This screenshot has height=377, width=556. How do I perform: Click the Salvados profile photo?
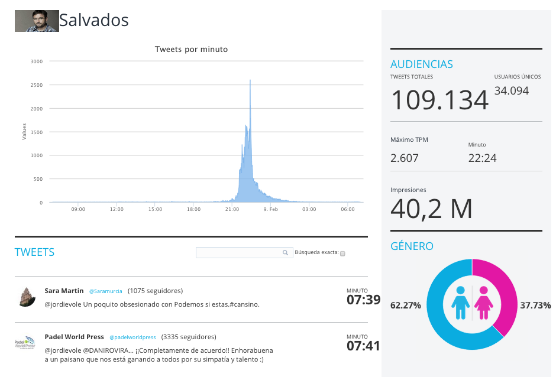pyautogui.click(x=37, y=21)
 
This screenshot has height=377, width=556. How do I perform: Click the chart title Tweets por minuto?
pyautogui.click(x=191, y=49)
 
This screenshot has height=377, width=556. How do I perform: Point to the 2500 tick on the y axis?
pyautogui.click(x=37, y=85)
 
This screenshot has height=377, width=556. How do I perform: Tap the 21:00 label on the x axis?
pyautogui.click(x=232, y=209)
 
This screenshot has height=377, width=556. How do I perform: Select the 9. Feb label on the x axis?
pyautogui.click(x=270, y=209)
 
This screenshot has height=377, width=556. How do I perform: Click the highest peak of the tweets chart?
pyautogui.click(x=250, y=80)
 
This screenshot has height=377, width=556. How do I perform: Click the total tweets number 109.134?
pyautogui.click(x=439, y=100)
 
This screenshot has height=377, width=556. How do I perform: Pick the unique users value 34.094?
pyautogui.click(x=511, y=91)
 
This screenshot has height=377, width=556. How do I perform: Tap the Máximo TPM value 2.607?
pyautogui.click(x=404, y=158)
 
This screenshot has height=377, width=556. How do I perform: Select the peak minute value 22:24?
pyautogui.click(x=482, y=158)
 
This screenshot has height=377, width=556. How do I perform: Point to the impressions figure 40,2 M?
pyautogui.click(x=431, y=209)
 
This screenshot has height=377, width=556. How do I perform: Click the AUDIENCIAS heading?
pyautogui.click(x=422, y=64)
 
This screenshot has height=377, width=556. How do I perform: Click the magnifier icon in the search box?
pyautogui.click(x=285, y=253)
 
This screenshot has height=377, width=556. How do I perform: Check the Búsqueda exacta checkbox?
pyautogui.click(x=342, y=253)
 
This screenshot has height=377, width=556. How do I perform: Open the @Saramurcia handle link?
pyautogui.click(x=106, y=291)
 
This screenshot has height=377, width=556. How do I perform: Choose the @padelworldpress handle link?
pyautogui.click(x=132, y=337)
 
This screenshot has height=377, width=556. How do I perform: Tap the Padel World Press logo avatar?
pyautogui.click(x=25, y=342)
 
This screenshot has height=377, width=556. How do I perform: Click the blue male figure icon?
pyautogui.click(x=460, y=303)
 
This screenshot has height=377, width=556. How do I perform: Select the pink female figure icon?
pyautogui.click(x=484, y=303)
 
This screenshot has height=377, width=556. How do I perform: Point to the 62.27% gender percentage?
pyautogui.click(x=406, y=305)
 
